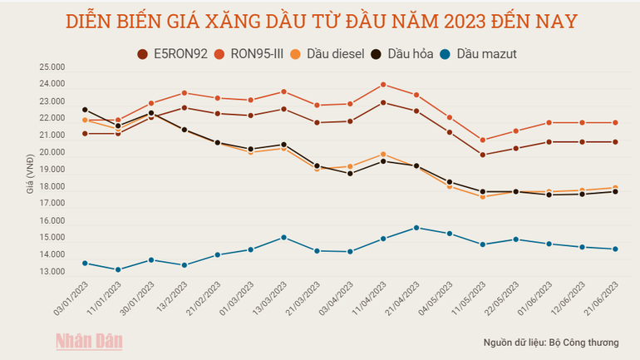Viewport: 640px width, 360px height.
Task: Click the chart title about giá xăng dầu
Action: (x=320, y=20)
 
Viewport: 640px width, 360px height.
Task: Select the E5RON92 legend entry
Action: (x=173, y=54)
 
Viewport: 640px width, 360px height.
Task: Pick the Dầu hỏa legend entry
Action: (x=404, y=54)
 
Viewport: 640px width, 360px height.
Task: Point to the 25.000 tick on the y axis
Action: (x=52, y=67)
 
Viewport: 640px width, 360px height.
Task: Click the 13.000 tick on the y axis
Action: (x=52, y=272)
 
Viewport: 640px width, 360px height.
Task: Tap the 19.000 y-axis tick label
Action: (x=52, y=170)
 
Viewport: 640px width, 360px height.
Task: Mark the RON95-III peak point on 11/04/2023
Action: (x=382, y=84)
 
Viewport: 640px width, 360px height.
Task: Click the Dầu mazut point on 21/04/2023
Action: (x=416, y=228)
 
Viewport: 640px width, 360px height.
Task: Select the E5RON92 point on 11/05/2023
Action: (x=482, y=155)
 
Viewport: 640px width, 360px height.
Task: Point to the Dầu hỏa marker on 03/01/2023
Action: (x=85, y=110)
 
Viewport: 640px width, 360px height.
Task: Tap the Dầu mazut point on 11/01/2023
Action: (x=118, y=269)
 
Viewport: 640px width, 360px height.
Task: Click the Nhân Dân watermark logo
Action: (x=89, y=341)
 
